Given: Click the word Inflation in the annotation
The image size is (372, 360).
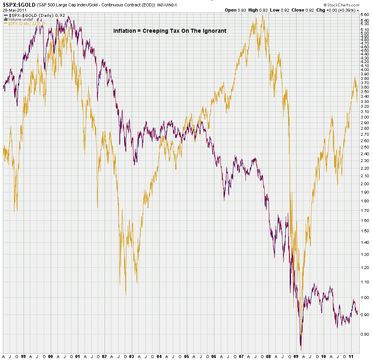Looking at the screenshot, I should pos(125,31).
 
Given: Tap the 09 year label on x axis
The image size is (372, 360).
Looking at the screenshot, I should pos(296,356).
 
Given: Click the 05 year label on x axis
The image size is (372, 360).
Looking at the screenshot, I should pos(187,356).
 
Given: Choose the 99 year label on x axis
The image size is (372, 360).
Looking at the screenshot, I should pos(24,356).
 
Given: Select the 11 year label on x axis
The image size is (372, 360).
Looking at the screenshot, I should pos(350,356).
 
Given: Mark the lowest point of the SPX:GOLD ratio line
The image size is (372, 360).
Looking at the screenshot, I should pos(301,350).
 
